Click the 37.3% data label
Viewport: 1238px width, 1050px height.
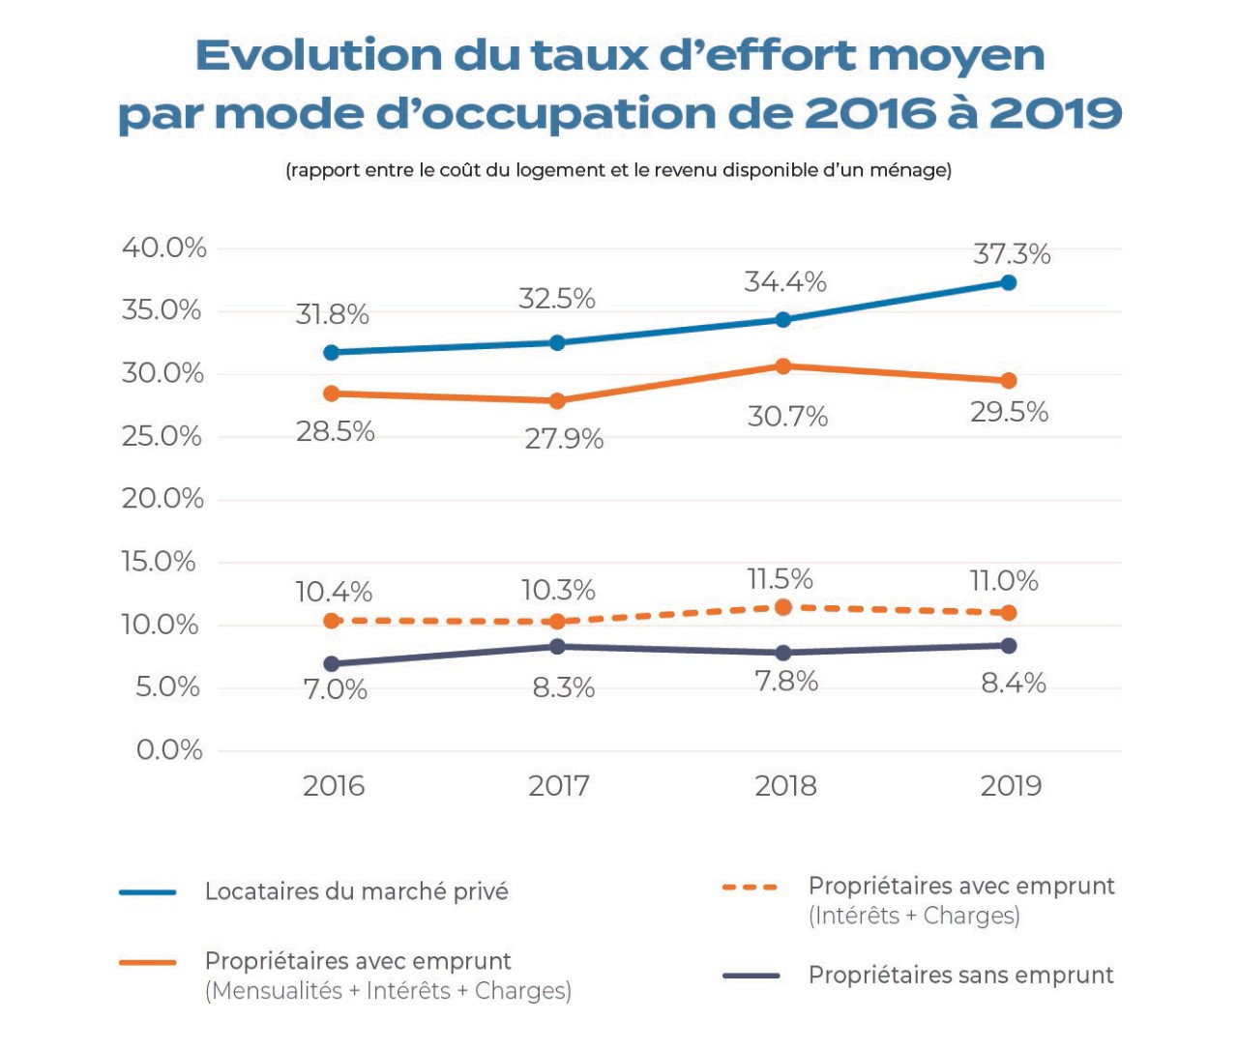pos(1012,254)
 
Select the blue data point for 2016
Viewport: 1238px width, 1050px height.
pos(332,353)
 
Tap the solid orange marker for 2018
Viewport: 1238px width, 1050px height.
pos(783,366)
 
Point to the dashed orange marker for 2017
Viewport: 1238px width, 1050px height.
pos(557,622)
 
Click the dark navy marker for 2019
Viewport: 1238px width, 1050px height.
pos(1009,646)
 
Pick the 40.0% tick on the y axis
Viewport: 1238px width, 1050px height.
pos(163,248)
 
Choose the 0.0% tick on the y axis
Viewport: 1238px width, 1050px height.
pos(169,750)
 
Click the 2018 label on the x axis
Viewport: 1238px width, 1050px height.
pos(785,786)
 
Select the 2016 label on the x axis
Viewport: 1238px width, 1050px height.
pos(334,786)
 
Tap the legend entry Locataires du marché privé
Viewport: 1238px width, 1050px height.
pos(356,891)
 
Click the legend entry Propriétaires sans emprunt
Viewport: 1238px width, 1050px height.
pos(960,976)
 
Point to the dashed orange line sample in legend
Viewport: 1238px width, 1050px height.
pos(751,888)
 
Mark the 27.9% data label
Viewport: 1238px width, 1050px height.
pos(564,440)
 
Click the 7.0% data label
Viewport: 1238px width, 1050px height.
pos(336,690)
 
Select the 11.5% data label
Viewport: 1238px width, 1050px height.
pos(780,579)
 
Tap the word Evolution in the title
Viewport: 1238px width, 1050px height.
pos(317,56)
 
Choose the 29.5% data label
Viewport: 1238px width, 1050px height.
pos(1009,412)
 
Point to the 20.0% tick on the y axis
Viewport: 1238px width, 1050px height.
pos(162,499)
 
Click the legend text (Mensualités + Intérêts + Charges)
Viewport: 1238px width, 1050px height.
pos(388,991)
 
